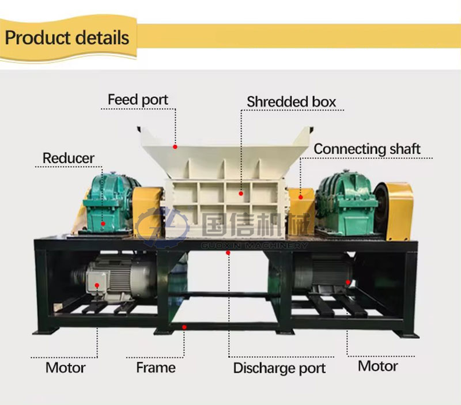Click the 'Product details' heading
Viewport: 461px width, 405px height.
pos(67,39)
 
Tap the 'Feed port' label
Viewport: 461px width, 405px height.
pos(138,100)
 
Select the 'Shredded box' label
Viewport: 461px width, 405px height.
pos(291,101)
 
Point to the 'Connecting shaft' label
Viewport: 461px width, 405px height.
pos(367,149)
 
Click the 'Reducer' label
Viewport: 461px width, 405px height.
pos(68,157)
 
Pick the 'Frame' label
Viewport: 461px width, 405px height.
pos(156,367)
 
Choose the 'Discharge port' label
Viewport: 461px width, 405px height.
pos(279,368)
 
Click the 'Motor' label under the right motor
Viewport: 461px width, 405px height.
pos(377,366)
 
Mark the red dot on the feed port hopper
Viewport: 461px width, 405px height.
pos(175,147)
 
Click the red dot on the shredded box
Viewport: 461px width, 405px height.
pos(241,195)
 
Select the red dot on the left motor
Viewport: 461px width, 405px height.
pos(97,285)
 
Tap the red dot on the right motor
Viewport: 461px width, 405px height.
pos(348,282)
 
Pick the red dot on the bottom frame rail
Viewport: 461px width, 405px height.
pos(184,327)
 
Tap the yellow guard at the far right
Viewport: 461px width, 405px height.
pos(398,209)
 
